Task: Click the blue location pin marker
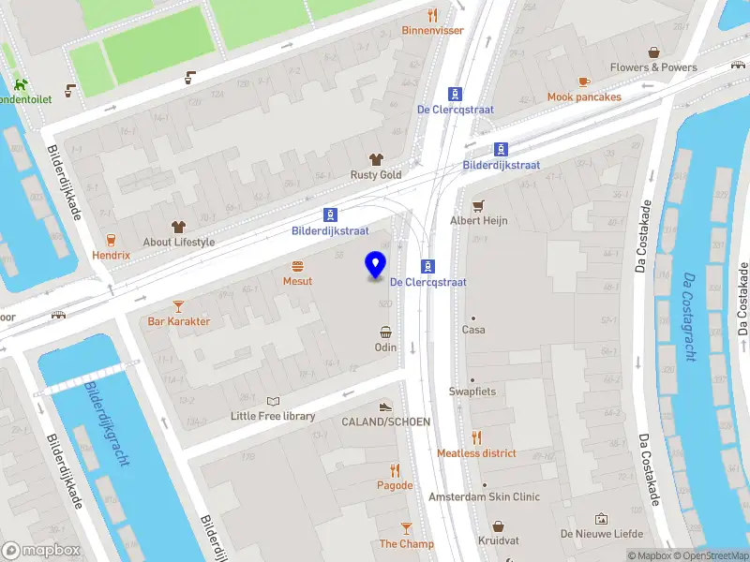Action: [376, 265]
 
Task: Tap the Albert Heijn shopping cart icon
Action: [478, 205]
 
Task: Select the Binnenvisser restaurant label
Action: [432, 30]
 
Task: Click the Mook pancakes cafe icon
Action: [584, 81]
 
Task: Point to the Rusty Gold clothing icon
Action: [376, 159]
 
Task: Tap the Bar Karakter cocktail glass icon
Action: [178, 305]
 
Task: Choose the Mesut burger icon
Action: [298, 266]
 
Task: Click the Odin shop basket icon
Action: [385, 332]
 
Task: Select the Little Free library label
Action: [273, 416]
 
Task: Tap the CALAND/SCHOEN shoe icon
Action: [384, 407]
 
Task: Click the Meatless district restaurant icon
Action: [476, 437]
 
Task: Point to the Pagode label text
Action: [395, 485]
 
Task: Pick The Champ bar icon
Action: [406, 528]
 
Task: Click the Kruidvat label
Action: [498, 541]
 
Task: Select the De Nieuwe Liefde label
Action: [600, 533]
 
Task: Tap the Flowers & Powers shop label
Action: [653, 67]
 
